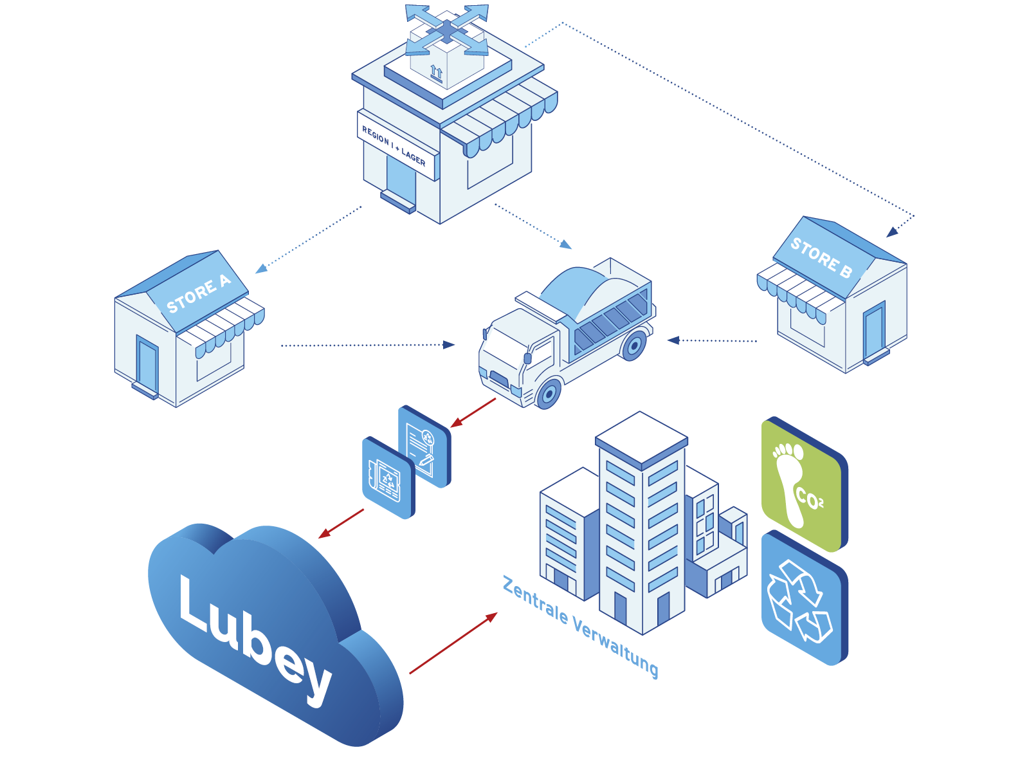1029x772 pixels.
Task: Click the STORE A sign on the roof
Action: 197,293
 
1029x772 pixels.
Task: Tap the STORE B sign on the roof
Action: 821,257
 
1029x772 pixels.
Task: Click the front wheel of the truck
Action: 549,393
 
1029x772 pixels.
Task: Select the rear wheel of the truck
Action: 634,345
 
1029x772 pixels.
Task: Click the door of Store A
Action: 147,363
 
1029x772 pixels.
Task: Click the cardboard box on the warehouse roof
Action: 446,61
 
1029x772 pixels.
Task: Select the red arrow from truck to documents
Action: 473,412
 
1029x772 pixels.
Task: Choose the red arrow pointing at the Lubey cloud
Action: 341,524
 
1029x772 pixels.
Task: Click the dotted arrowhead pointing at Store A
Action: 261,269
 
